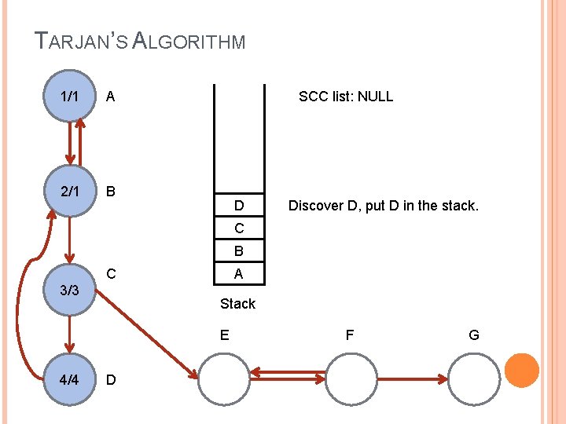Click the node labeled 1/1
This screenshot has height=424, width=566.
pos(69,97)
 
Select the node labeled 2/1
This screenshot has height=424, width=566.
pos(69,191)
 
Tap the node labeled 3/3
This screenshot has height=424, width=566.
pos(69,290)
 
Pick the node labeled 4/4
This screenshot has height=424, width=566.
pos(69,379)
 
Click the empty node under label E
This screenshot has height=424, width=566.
pos(223,379)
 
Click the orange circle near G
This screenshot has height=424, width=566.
pos(521,371)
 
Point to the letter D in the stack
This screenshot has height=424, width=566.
pos(238,207)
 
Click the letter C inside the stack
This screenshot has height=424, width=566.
pos(238,229)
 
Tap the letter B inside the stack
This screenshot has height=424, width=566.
pos(238,252)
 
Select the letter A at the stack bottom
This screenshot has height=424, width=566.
pos(238,274)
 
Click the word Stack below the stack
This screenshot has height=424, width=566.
pos(237,303)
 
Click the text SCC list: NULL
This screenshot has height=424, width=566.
pos(345,97)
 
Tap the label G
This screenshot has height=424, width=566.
pos(474,335)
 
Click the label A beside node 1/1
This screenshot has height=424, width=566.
pos(111,97)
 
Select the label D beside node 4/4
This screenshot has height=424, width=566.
pos(111,380)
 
